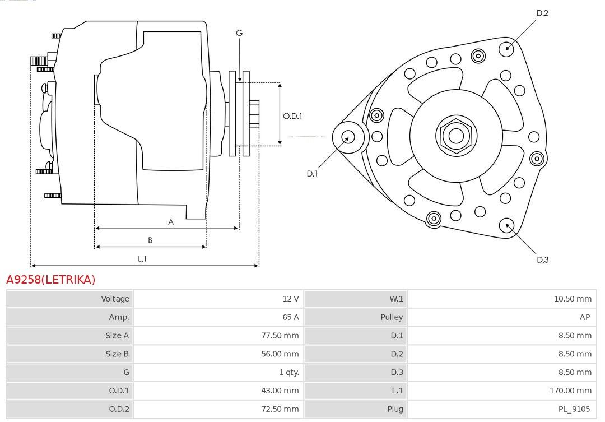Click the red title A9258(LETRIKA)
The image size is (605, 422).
point(50,279)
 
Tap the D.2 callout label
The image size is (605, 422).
point(542,13)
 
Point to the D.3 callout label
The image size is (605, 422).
point(542,260)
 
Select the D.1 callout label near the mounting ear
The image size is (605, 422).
point(312,174)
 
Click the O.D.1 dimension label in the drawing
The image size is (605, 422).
point(292,116)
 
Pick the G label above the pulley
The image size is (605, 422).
point(239,33)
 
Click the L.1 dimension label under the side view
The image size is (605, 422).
point(142,259)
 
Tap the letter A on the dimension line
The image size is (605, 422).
point(171,222)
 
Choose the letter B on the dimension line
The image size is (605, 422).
point(150,240)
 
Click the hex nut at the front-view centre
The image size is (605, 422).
point(457,136)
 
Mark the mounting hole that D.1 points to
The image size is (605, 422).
point(348,137)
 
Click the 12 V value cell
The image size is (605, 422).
point(291,299)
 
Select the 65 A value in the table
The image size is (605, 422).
point(291,317)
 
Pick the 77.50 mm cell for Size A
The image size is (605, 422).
point(280,336)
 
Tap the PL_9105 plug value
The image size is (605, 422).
point(574,409)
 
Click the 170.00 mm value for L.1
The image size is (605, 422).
point(571,391)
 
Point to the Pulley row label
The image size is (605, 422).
point(392,317)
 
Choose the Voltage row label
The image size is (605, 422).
point(115,299)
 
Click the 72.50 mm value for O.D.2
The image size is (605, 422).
point(280,409)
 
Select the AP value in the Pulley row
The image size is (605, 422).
point(585,317)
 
